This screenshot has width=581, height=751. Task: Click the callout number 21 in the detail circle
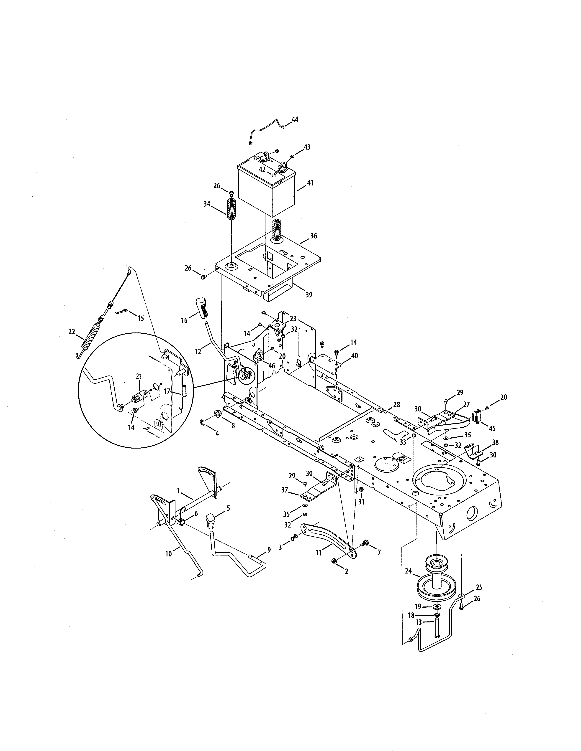pos(139,377)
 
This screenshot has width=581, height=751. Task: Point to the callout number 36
pos(313,236)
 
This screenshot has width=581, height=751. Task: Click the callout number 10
pos(169,554)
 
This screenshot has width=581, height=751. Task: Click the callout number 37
pos(285,490)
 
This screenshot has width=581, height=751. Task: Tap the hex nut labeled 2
pos(334,561)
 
